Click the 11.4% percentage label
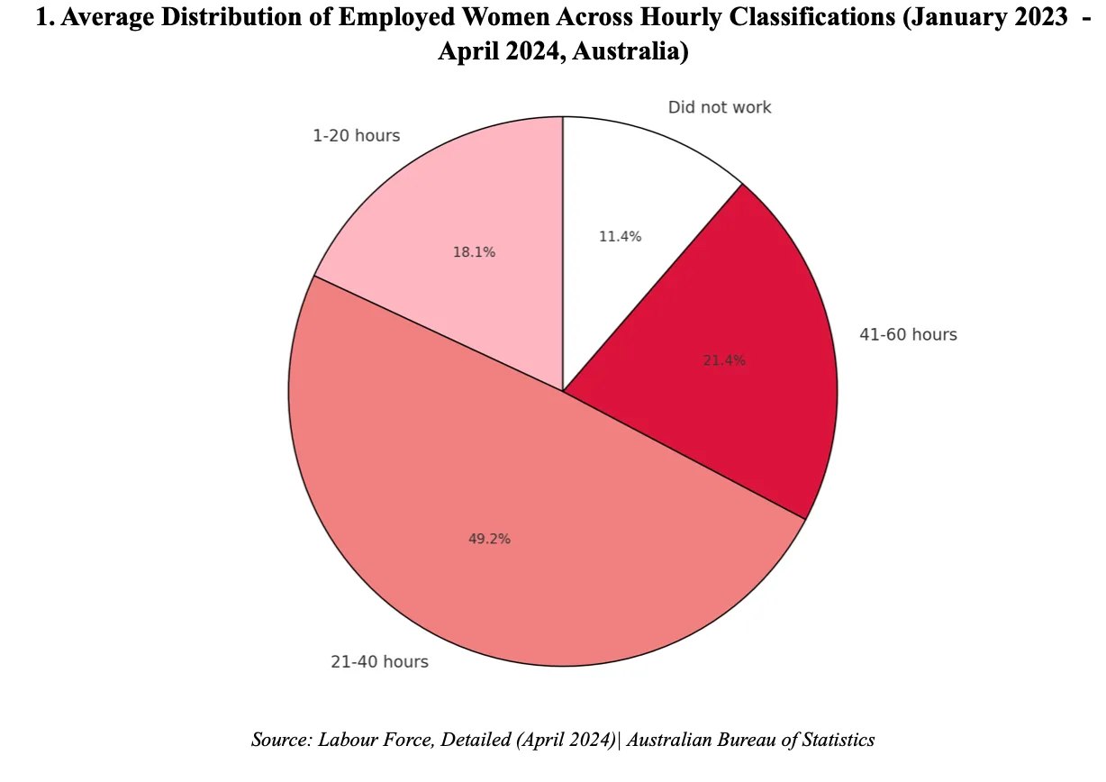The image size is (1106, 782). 620,237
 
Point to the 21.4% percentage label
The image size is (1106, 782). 724,360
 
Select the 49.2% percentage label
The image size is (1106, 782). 489,539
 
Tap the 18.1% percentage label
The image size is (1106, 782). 474,252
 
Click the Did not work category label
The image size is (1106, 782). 720,107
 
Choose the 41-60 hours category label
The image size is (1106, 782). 909,334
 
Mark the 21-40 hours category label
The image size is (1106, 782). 379,662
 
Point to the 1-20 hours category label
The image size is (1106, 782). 356,136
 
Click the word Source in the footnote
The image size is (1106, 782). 279,741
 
